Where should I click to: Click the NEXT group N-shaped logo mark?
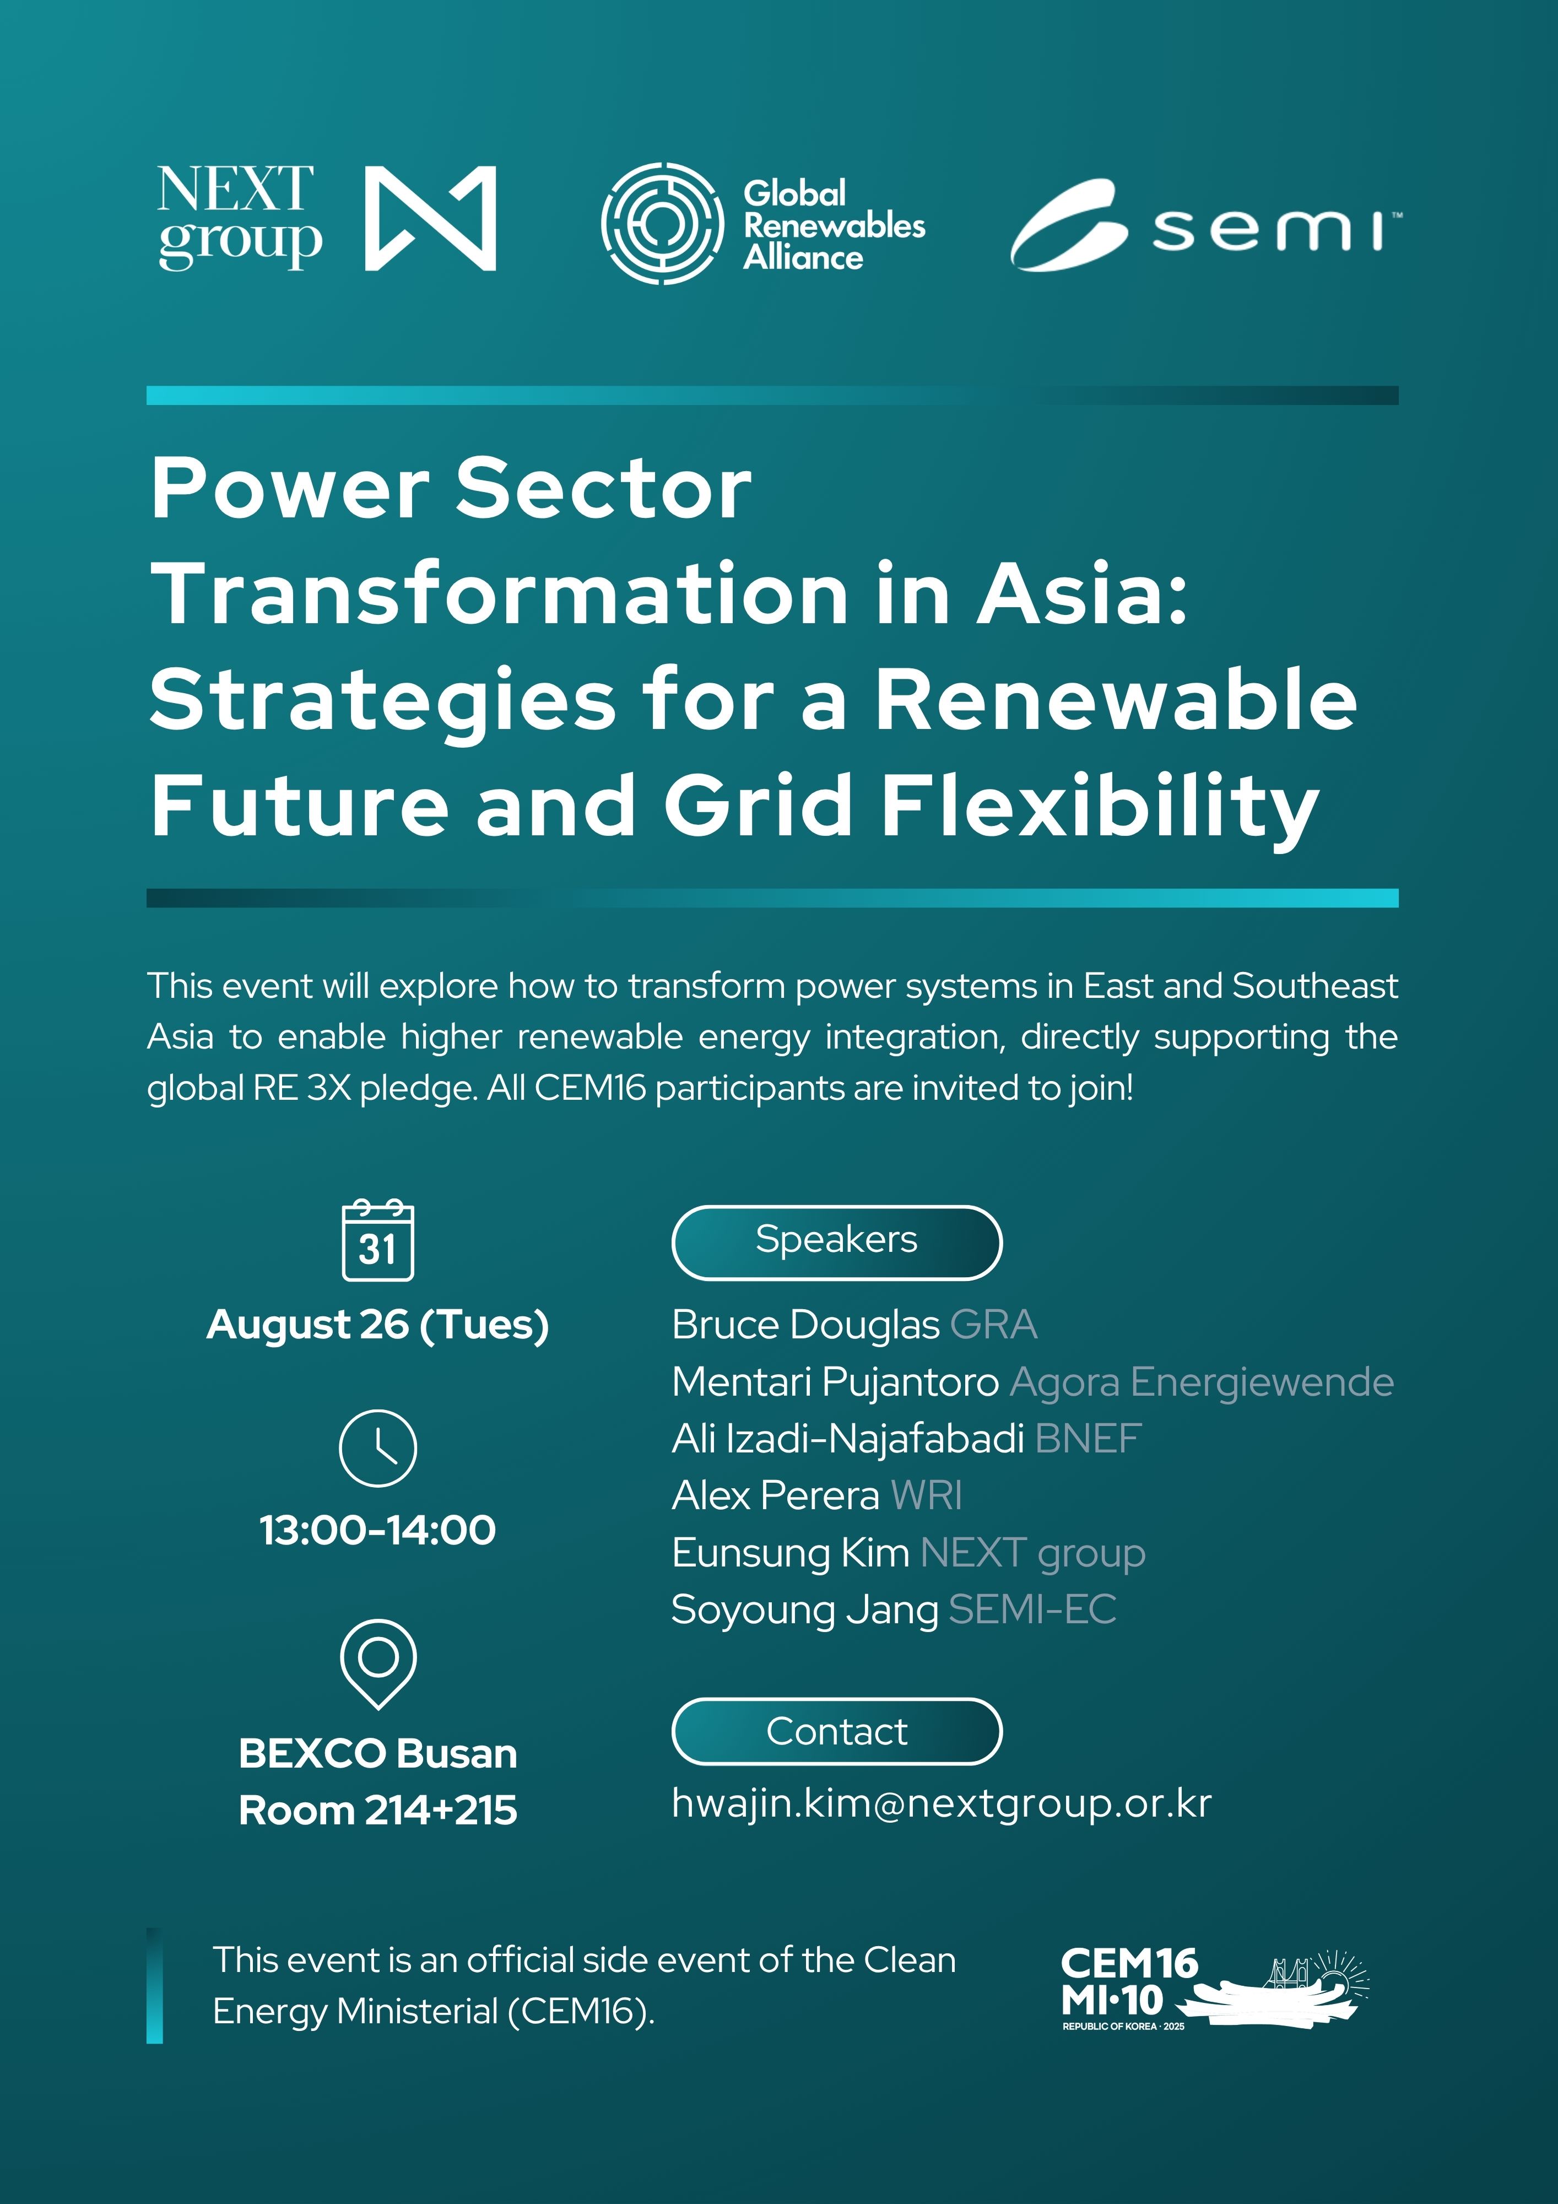pos(430,219)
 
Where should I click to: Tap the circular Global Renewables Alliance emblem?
pos(662,223)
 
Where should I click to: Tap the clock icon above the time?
pos(378,1447)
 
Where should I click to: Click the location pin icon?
pos(378,1663)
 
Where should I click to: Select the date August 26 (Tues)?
pos(378,1325)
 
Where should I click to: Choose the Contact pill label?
pos(837,1732)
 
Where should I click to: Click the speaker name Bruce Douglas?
pos(805,1325)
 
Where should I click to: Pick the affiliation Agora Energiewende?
pos(1202,1383)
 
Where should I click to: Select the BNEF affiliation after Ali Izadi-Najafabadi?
pos(1089,1439)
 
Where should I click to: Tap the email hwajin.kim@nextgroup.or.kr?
pos(942,1804)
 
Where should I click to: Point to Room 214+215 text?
pos(378,1811)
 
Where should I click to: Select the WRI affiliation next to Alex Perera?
pos(926,1495)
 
